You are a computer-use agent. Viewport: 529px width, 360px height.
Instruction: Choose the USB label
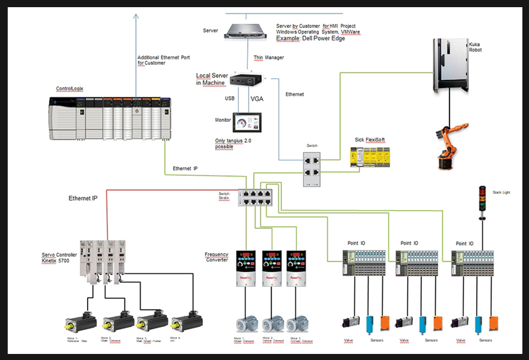(x=230, y=99)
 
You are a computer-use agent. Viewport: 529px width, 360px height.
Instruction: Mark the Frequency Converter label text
(x=217, y=257)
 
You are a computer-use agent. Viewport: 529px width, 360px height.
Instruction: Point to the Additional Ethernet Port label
(x=159, y=60)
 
